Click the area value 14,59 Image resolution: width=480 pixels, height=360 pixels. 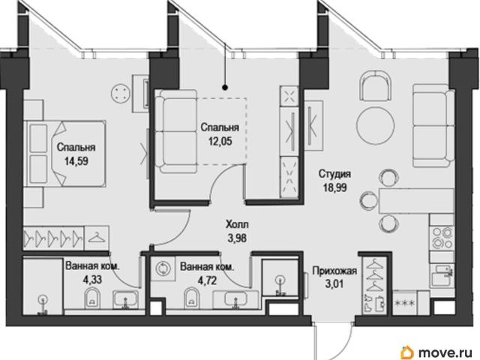76,161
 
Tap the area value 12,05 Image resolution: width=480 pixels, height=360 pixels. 220,141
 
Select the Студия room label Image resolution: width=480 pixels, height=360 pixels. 334,174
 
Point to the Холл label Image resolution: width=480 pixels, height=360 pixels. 237,224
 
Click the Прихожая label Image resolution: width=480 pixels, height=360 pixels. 334,271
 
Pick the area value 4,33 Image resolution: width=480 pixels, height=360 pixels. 92,280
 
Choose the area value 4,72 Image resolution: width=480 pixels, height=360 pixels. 207,280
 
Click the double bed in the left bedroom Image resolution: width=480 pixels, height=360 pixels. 66,153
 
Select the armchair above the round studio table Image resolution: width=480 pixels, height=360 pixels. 375,85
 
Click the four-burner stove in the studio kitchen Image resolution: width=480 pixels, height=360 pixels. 442,238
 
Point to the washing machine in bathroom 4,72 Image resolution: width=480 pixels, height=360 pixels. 163,268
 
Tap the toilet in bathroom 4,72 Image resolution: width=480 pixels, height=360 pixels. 192,297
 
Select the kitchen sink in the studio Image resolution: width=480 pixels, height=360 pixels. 442,275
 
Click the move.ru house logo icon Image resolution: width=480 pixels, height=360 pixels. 408,352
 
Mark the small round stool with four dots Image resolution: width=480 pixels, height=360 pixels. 121,93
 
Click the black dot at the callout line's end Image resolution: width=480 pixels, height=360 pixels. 225,88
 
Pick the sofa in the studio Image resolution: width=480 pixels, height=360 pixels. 433,125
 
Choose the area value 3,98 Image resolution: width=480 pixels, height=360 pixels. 237,238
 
